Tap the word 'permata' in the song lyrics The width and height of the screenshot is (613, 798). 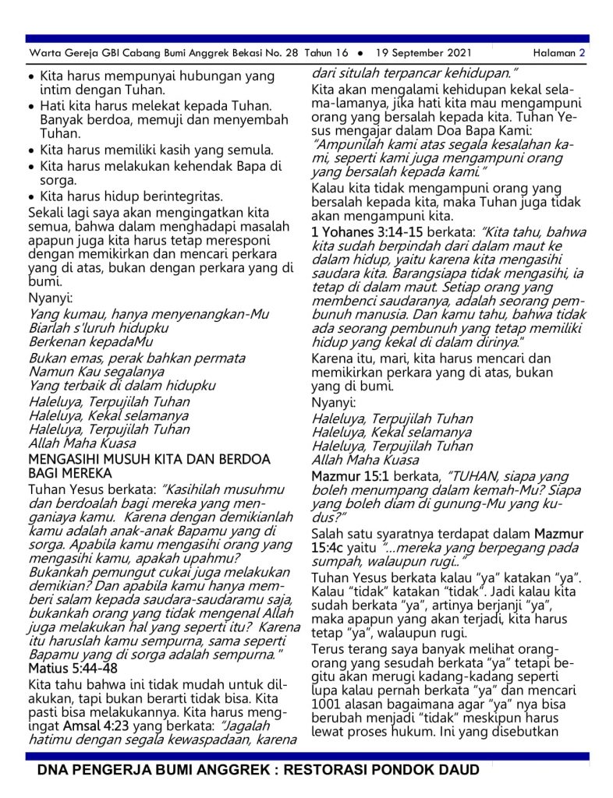point(220,358)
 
